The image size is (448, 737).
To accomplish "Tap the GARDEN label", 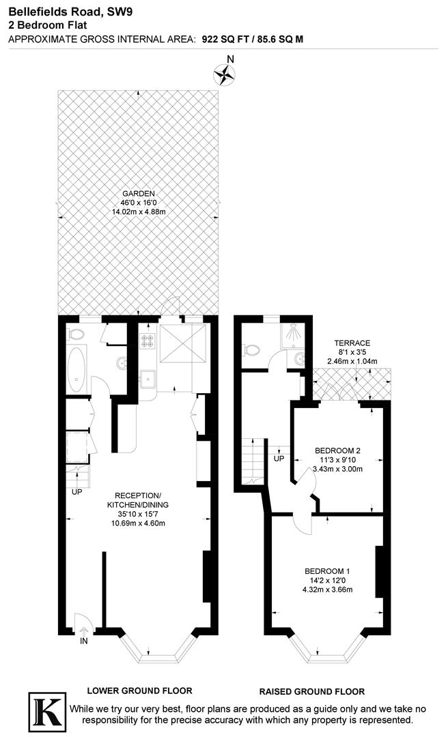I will (x=139, y=193).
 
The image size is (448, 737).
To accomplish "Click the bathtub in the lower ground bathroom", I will (x=77, y=369).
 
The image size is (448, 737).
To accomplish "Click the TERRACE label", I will (x=352, y=343).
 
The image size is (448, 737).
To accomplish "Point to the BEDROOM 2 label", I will (x=337, y=450).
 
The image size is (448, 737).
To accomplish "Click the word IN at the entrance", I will (x=84, y=642).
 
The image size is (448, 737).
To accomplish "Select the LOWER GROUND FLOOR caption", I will (x=139, y=690).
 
